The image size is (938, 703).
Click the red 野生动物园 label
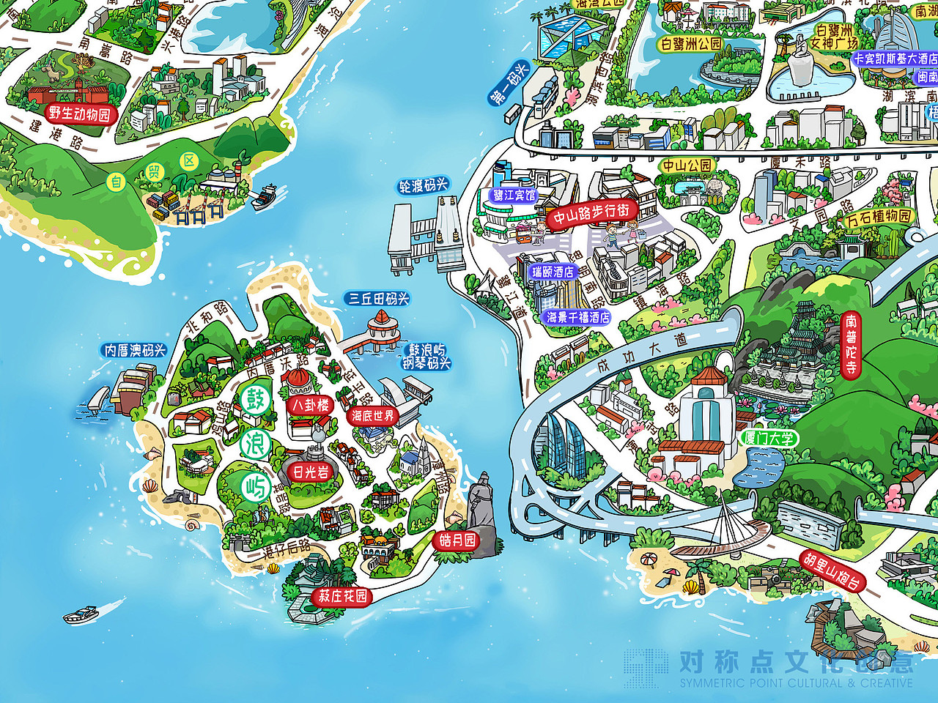tap(79, 114)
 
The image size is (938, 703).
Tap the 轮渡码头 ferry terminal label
tap(423, 186)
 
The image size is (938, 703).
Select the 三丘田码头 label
tap(378, 299)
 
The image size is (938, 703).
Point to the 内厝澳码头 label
tap(135, 351)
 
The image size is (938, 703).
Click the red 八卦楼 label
tap(311, 405)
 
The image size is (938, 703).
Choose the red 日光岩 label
tap(311, 472)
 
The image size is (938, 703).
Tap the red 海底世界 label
tap(373, 416)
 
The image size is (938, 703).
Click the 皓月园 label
tap(457, 540)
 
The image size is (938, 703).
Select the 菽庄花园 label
tap(342, 596)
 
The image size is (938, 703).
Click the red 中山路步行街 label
tap(591, 215)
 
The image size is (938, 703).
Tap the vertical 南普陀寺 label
tap(850, 344)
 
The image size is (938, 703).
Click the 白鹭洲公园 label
tap(691, 44)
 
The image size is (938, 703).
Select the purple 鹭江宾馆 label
tap(514, 196)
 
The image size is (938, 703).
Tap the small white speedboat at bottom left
tap(81, 614)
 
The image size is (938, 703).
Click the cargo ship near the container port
tap(265, 196)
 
